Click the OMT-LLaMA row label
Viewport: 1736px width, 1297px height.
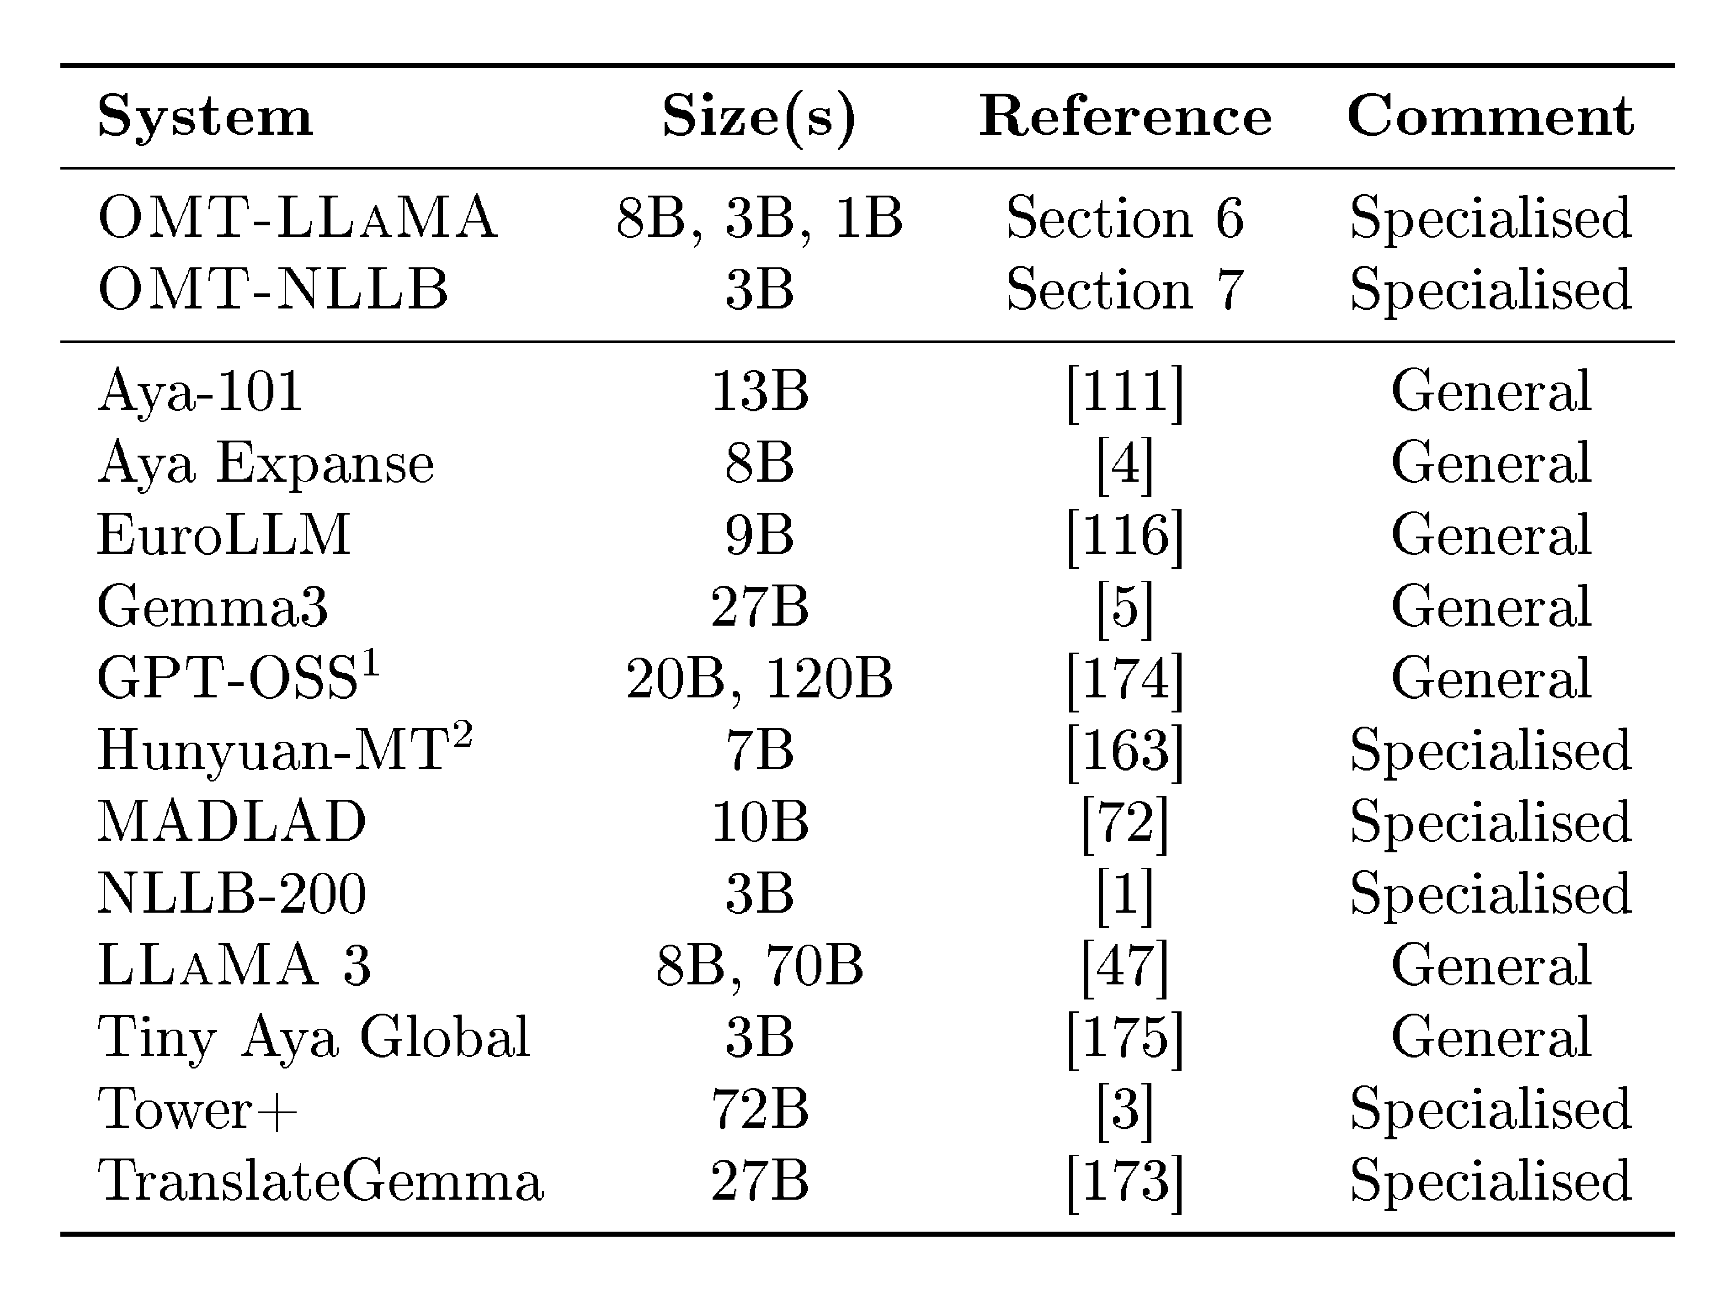(298, 218)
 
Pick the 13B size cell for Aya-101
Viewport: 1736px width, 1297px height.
(759, 391)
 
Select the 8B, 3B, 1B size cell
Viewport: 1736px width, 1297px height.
(759, 218)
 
